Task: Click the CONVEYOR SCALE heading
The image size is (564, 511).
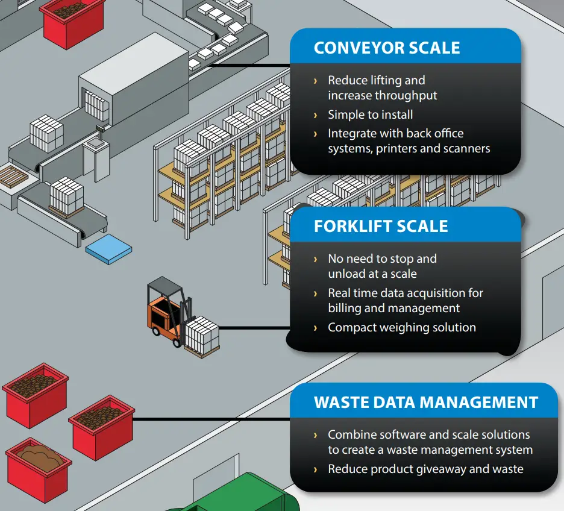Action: tap(386, 48)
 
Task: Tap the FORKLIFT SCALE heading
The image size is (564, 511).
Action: tap(381, 227)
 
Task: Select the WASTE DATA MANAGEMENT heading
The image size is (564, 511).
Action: tap(425, 403)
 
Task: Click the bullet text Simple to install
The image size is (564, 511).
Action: tap(370, 114)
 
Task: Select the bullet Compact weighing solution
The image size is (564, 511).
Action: tap(401, 328)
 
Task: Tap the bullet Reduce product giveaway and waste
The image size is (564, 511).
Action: tap(425, 469)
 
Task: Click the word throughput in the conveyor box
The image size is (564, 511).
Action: tap(406, 95)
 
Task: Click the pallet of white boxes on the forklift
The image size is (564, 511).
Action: tap(202, 335)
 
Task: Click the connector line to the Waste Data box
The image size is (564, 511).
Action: tap(211, 418)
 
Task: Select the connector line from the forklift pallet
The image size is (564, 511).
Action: tap(253, 328)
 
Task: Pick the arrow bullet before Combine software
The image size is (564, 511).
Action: tap(315, 434)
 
